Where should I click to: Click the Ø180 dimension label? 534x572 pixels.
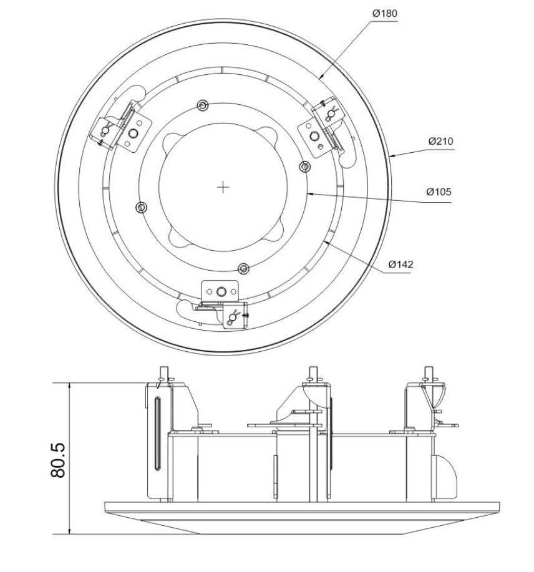pyautogui.click(x=384, y=13)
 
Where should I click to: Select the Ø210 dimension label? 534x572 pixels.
pyautogui.click(x=440, y=142)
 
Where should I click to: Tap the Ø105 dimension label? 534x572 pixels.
pyautogui.click(x=439, y=191)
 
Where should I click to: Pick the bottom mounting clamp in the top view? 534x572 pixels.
pyautogui.click(x=222, y=303)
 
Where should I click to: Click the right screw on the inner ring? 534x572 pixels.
pyautogui.click(x=305, y=167)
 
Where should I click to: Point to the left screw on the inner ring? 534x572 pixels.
pyautogui.click(x=142, y=207)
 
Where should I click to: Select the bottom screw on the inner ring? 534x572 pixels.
pyautogui.click(x=244, y=268)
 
